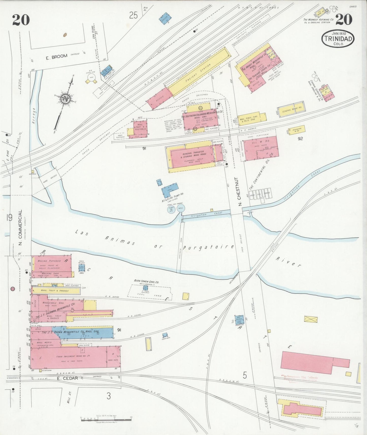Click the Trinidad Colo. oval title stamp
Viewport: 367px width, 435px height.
[338, 39]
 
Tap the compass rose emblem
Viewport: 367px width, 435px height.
[65, 98]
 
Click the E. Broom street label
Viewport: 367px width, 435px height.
[56, 57]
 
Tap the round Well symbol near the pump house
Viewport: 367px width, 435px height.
[181, 208]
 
